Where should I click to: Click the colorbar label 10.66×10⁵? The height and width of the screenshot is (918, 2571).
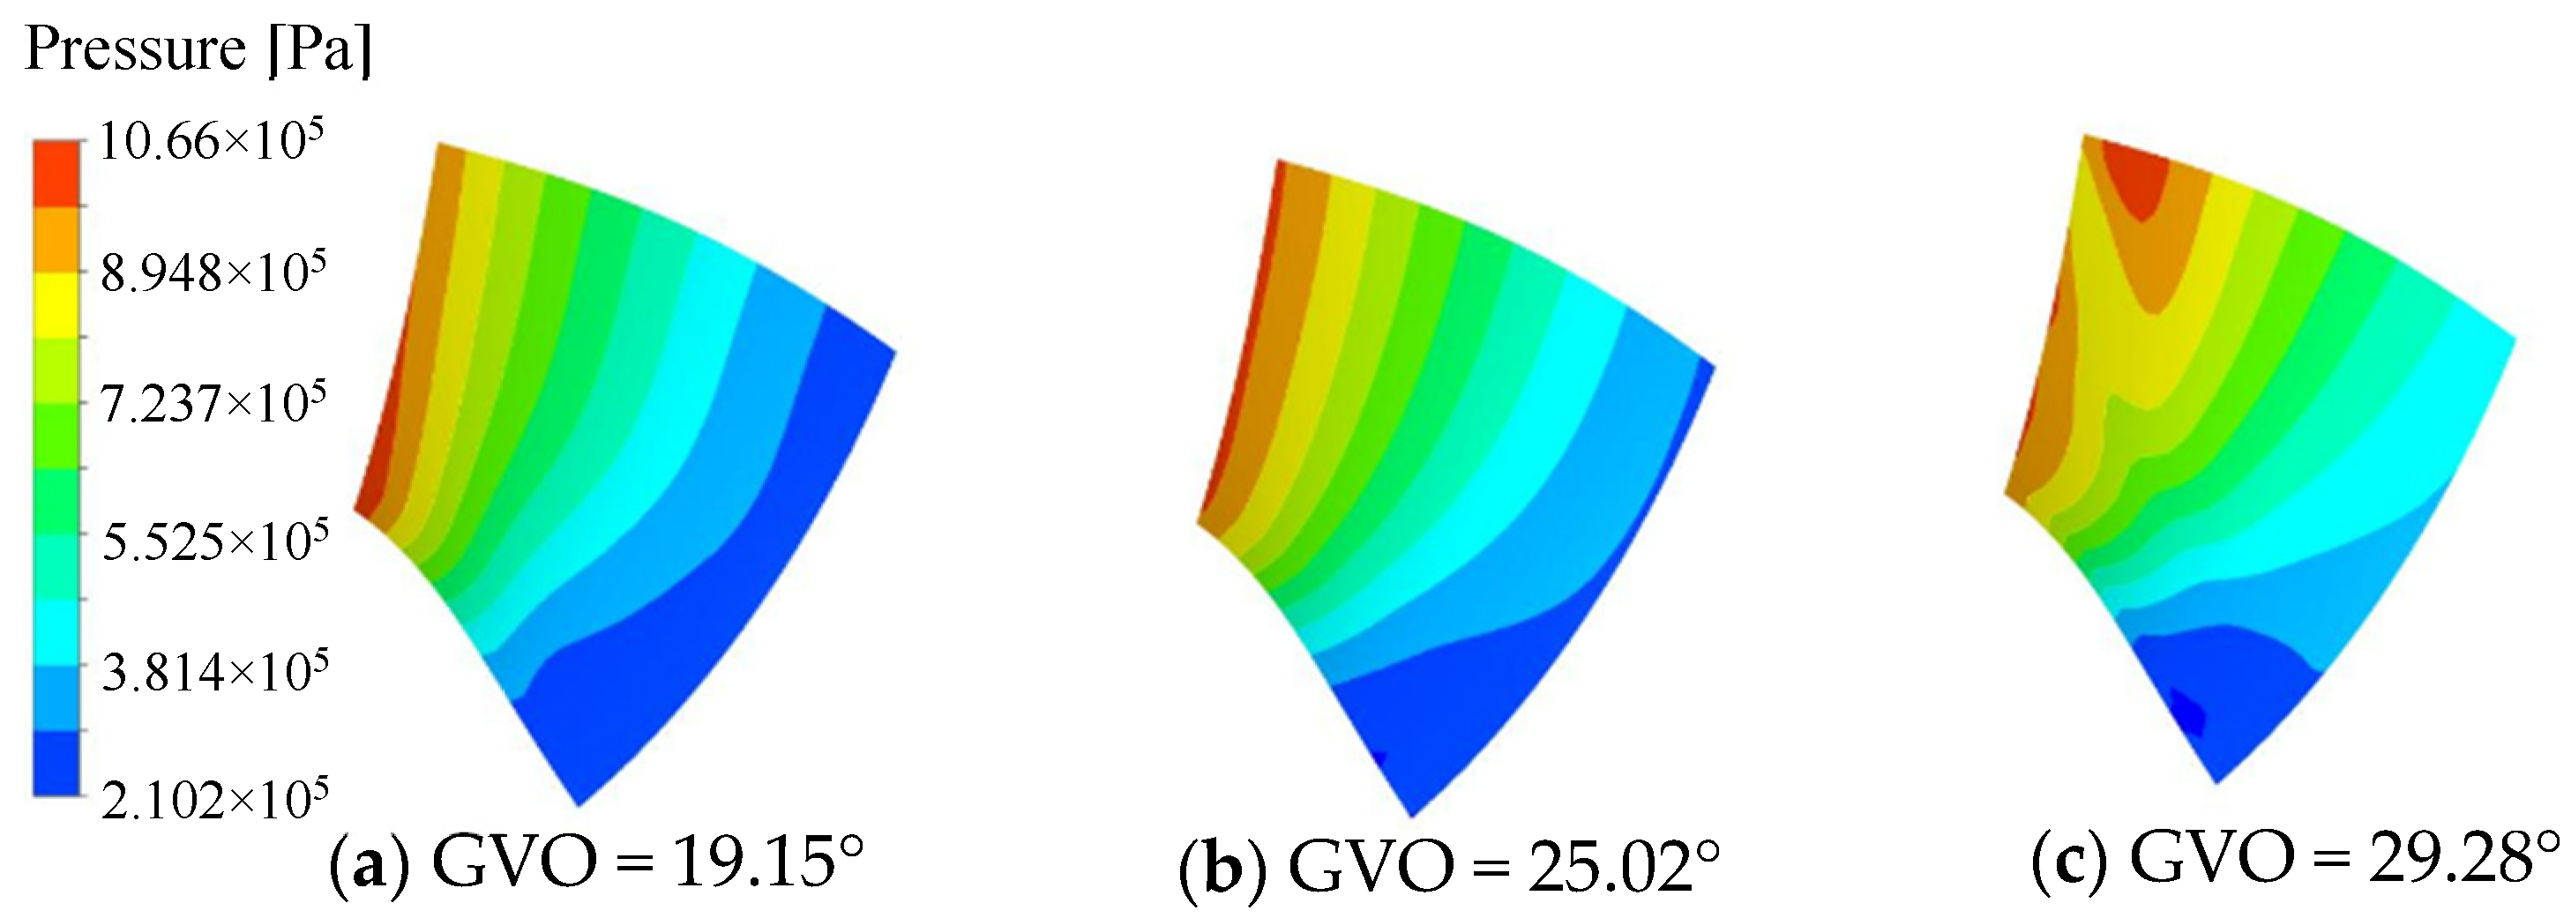click(x=212, y=142)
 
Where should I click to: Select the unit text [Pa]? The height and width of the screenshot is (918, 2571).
click(x=319, y=48)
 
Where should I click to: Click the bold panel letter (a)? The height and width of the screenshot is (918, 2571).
click(x=370, y=863)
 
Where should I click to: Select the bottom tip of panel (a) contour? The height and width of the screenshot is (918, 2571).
click(x=579, y=802)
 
